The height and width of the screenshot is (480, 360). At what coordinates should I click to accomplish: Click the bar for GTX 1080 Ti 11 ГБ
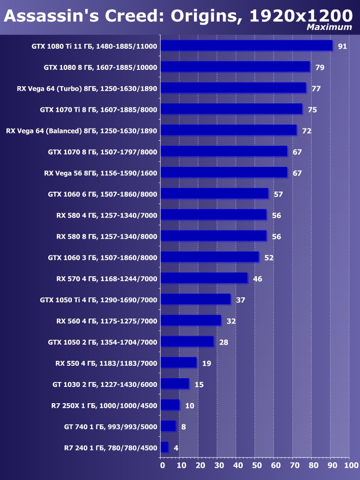(x=246, y=46)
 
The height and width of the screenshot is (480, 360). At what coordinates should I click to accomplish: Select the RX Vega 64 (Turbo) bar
(x=233, y=88)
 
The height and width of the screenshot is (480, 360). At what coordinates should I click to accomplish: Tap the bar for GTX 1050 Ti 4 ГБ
(x=196, y=299)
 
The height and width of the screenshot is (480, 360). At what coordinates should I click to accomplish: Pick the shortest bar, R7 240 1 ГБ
(x=164, y=447)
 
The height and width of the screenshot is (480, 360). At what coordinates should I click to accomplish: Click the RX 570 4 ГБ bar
(x=204, y=278)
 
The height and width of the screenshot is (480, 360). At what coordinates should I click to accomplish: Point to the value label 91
(x=342, y=47)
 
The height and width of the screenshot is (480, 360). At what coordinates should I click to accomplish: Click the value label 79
(x=320, y=67)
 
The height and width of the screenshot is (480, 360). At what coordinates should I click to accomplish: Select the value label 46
(x=257, y=279)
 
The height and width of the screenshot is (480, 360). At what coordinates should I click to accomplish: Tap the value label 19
(x=206, y=364)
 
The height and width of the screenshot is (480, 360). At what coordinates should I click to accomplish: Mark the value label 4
(x=176, y=448)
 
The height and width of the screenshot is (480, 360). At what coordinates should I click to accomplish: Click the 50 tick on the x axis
(x=256, y=465)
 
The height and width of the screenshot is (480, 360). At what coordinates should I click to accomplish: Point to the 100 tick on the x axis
(x=351, y=465)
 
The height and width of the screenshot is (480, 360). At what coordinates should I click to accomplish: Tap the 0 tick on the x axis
(x=162, y=465)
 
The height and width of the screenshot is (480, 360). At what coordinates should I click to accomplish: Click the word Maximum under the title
(x=329, y=27)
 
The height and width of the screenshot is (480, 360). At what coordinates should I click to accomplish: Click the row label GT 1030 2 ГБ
(x=105, y=384)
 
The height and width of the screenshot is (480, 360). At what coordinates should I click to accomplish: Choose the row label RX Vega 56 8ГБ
(x=100, y=173)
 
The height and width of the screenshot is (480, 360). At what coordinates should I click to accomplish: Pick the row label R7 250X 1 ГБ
(x=104, y=406)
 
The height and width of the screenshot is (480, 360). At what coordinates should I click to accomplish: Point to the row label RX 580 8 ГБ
(x=106, y=237)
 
